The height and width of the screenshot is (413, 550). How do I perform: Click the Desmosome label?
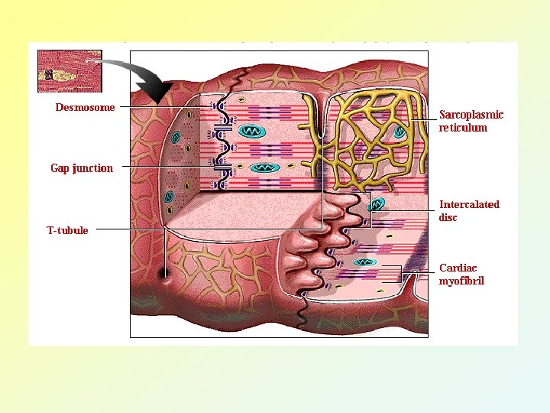[85, 107]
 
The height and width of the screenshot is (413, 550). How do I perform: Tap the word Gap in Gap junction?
[60, 168]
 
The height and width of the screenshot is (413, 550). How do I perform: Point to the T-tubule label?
[67, 230]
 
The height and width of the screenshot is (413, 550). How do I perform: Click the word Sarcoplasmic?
[471, 115]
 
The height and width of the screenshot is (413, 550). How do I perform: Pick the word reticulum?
[463, 128]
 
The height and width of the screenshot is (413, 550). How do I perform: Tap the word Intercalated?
[469, 204]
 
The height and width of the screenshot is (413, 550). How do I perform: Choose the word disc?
[448, 217]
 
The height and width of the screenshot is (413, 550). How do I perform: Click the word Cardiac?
[458, 268]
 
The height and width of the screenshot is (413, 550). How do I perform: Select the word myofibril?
[461, 281]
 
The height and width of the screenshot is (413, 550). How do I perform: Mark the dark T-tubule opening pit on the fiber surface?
[165, 273]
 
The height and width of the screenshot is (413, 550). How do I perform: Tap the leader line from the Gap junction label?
[160, 167]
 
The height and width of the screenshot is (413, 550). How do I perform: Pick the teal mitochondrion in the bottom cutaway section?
[364, 262]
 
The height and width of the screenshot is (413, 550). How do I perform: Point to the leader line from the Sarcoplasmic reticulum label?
[424, 119]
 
